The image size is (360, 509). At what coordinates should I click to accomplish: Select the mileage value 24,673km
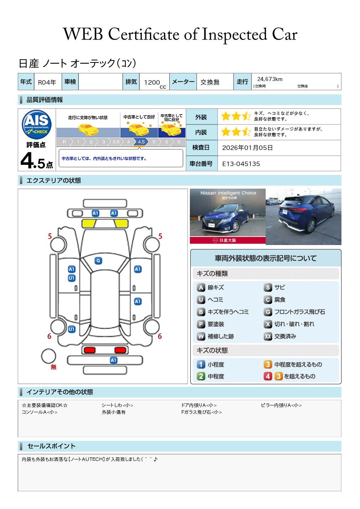(270, 79)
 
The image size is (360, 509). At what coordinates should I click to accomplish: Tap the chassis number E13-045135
(241, 164)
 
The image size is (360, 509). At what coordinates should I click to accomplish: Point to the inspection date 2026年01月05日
(248, 148)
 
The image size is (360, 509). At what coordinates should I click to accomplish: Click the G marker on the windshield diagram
(98, 261)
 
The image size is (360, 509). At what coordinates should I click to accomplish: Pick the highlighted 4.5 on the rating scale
(141, 142)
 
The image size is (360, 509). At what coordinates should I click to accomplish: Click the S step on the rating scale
(178, 142)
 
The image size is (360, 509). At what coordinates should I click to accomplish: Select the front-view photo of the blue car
(227, 216)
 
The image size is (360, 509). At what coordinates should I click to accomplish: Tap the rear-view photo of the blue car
(303, 216)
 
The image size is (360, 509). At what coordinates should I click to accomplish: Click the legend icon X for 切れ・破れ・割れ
(268, 324)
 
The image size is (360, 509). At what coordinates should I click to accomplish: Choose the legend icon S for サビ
(268, 287)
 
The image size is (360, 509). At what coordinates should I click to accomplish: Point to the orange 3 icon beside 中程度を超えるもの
(268, 364)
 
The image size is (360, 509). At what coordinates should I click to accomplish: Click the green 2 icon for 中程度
(201, 376)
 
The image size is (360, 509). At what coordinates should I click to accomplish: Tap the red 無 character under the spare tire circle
(54, 367)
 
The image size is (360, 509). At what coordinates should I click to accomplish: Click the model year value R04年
(47, 82)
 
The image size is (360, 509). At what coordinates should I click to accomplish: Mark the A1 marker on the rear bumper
(114, 360)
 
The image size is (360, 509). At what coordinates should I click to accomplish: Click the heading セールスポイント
(51, 446)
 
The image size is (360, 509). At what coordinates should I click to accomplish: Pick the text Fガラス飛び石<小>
(202, 412)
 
